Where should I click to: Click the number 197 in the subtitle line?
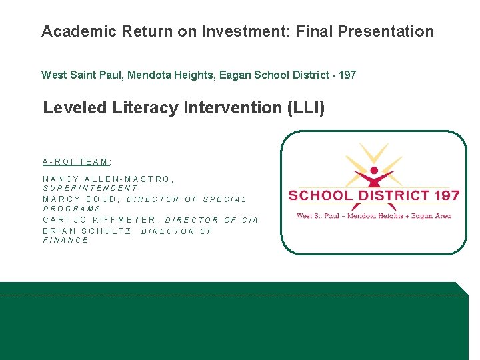pos(347,75)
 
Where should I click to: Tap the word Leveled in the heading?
pos(74,107)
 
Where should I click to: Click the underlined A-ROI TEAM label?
pos(77,161)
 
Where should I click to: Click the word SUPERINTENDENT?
pos(90,189)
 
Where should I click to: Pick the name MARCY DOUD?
pos(81,199)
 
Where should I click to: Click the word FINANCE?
pos(66,241)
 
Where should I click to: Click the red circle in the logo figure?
pos(374,171)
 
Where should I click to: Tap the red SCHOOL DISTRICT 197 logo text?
pos(374,196)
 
